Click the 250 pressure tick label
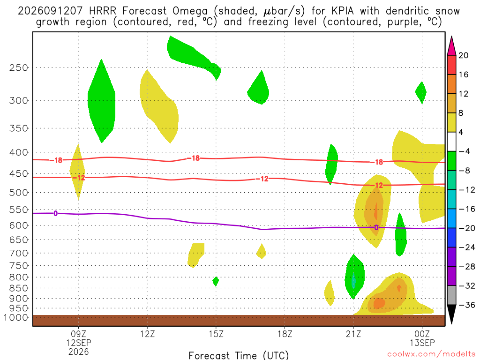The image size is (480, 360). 19,67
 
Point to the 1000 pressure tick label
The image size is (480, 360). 15,317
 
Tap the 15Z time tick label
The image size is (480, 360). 216,334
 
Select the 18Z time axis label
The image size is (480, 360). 285,334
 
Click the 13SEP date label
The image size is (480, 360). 422,343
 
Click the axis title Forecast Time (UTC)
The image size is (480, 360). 239,355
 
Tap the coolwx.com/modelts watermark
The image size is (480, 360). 431,354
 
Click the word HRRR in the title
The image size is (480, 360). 103,11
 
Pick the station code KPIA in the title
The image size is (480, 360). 339,11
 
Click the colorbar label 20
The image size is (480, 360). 463,55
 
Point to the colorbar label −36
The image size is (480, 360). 467,305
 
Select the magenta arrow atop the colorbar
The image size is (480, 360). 451,45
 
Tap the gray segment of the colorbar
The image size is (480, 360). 451,295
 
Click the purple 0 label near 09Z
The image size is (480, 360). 55,213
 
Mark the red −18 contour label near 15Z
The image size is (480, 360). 194,158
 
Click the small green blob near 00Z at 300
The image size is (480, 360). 421,92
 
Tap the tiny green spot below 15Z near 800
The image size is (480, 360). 216,281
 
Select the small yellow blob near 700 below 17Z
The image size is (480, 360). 261,251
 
